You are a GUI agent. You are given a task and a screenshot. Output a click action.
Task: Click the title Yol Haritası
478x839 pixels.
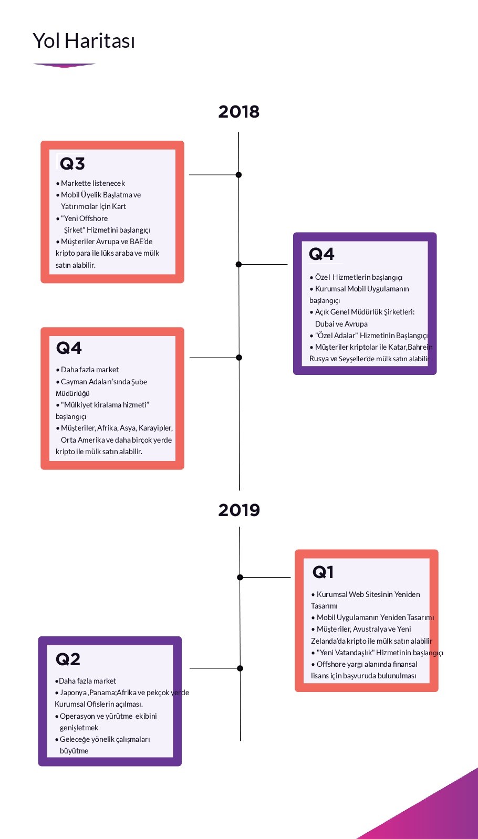click(x=84, y=41)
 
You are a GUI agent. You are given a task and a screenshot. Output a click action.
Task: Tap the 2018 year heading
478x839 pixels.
click(x=239, y=112)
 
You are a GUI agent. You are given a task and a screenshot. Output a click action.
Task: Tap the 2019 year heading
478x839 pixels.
click(x=239, y=510)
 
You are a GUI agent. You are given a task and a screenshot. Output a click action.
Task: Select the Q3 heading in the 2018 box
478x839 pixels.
click(x=72, y=163)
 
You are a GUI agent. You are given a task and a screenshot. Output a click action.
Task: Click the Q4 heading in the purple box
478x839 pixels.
click(x=321, y=254)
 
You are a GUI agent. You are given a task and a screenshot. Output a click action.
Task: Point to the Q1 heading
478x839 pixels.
click(x=323, y=572)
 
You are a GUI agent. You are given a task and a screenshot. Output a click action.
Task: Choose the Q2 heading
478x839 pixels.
click(x=68, y=659)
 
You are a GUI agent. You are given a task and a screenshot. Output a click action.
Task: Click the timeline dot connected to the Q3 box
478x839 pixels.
click(x=238, y=175)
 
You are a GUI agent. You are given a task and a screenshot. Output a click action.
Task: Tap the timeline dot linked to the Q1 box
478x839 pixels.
click(x=240, y=578)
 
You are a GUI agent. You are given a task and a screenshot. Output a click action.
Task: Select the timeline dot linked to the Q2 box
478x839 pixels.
click(x=240, y=668)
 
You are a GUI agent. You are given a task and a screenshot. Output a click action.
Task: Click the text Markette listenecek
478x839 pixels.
click(x=93, y=183)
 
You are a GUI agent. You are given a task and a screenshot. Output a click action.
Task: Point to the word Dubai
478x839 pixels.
click(x=325, y=323)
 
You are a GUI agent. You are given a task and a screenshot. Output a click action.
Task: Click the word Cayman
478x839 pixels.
click(x=74, y=382)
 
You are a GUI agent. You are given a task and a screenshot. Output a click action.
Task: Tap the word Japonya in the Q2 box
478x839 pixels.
click(x=74, y=693)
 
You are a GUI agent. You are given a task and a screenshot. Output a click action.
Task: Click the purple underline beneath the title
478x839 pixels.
click(x=65, y=65)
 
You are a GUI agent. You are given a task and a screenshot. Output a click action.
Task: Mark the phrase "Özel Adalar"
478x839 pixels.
click(x=336, y=335)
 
